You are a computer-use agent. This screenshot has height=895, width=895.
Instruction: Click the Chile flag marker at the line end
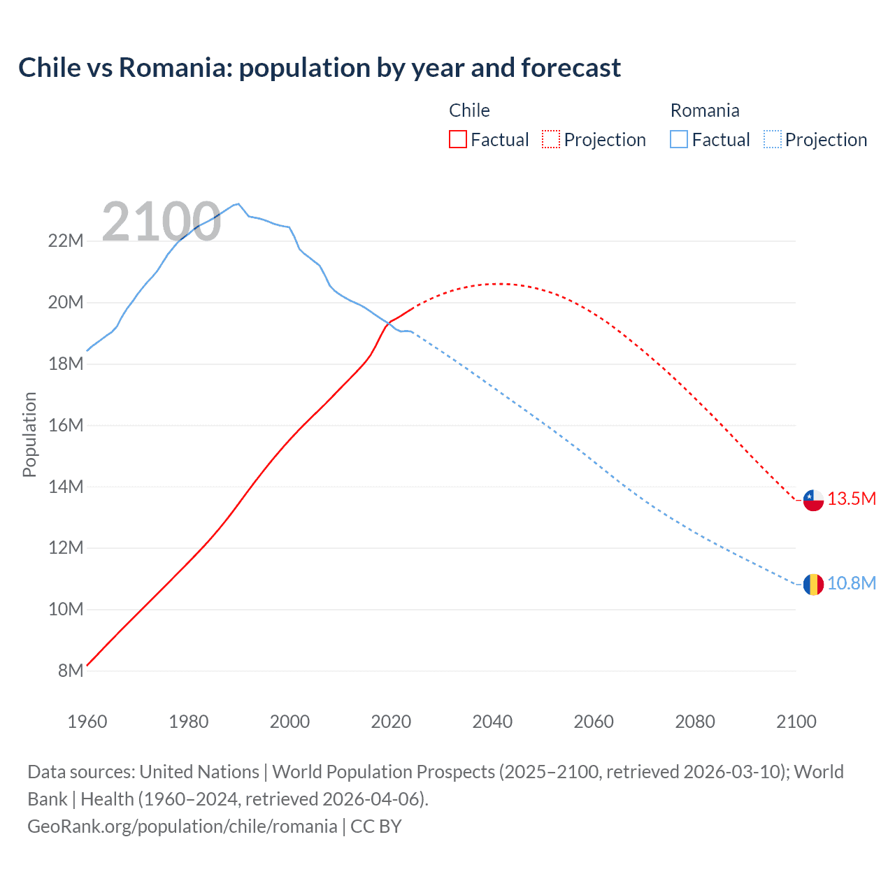813,500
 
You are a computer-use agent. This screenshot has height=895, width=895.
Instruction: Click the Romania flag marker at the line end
813,584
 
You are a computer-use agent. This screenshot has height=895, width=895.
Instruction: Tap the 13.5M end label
852,499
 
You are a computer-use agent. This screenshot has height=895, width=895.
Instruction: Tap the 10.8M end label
852,583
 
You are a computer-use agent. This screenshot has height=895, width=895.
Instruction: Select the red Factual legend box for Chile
457,139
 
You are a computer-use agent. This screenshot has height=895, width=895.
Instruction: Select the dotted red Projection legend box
551,139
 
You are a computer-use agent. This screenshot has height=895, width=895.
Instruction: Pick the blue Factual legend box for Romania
679,139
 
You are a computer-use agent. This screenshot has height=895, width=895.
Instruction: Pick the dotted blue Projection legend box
773,139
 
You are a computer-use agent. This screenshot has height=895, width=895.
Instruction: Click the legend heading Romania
704,110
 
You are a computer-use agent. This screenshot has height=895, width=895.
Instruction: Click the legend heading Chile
469,110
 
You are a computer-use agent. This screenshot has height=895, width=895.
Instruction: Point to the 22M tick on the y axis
66,241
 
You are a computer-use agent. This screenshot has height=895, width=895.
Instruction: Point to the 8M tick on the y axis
70,671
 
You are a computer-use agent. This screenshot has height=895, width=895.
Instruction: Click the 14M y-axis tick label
66,487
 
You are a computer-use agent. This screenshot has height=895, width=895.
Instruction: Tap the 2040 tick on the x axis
492,722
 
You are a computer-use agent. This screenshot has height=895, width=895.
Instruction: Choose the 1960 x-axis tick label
87,722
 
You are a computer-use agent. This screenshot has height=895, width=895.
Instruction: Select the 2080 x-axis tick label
695,722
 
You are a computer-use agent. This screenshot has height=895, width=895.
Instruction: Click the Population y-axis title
29,434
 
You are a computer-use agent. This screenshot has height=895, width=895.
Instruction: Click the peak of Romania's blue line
238,203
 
